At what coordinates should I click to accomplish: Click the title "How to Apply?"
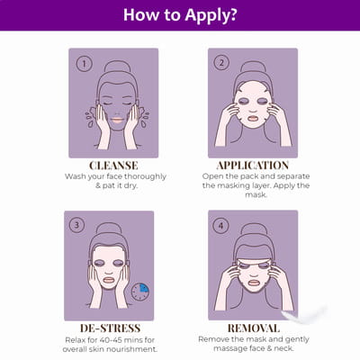coord(180,14)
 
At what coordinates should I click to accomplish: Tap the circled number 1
coord(84,64)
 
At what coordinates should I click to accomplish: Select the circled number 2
coord(221,63)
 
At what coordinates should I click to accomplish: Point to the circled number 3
coord(76,225)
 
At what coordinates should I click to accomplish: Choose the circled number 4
coord(221,225)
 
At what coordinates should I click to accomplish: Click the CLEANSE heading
coord(113,166)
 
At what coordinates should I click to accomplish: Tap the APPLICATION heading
coord(253,166)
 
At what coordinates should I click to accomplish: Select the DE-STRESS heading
coord(110,328)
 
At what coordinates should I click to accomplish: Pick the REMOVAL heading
coord(254,328)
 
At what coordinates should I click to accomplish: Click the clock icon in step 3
coord(139,292)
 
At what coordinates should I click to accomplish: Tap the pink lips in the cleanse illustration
coord(118,120)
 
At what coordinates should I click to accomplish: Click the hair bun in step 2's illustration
coord(253,67)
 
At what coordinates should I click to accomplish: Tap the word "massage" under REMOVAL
coord(229,348)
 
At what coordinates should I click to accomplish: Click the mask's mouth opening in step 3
coord(109,280)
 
